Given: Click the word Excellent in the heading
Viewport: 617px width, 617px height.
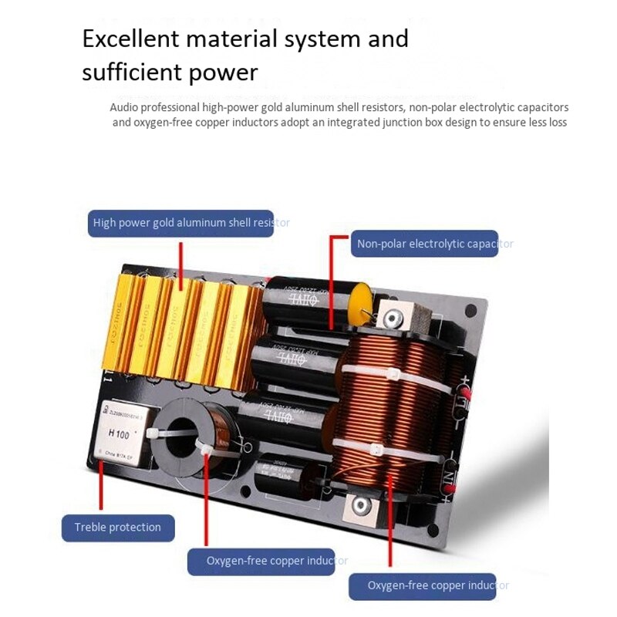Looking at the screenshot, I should point(131,39).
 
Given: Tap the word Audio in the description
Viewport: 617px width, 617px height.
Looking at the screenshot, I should point(124,108).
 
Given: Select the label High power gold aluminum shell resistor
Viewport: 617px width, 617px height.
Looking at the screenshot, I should point(180,222).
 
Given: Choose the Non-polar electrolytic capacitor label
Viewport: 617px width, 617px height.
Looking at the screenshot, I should point(425,244).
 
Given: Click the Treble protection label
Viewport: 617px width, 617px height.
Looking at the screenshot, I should point(118,528).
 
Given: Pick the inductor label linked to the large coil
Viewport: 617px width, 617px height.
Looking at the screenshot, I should point(428,585).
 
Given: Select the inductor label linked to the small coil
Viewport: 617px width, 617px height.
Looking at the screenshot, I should point(267,561).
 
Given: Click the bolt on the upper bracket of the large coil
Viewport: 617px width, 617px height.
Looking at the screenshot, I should point(393,317).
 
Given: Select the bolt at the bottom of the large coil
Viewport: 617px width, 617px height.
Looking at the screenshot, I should point(359,506).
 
